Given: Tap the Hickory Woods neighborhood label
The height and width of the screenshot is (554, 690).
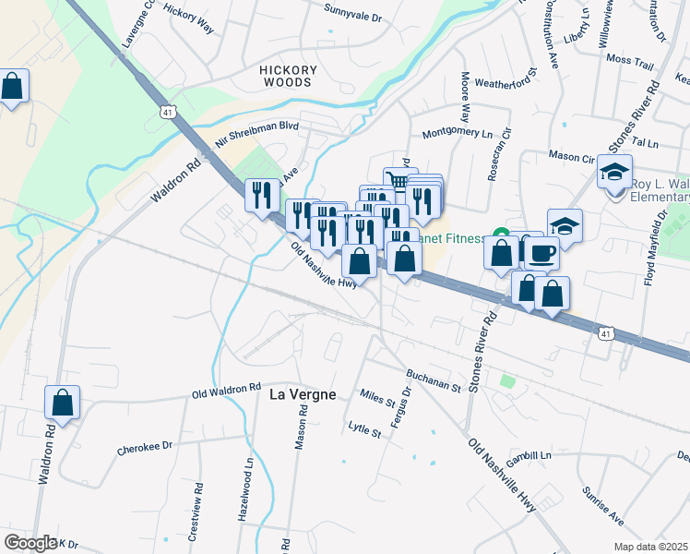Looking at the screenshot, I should tap(288, 76).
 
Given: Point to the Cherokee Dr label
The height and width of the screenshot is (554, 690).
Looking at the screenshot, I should tap(145, 447).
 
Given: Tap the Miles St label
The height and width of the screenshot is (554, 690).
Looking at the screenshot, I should tap(377, 398).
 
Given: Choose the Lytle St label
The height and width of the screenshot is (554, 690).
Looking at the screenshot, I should tap(364, 428).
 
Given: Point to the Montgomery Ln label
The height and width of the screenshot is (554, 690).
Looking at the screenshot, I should tap(458, 133).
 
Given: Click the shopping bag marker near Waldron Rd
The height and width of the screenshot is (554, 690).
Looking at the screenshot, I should tap(63, 403).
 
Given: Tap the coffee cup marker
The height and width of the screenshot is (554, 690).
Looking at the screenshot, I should tap(541, 251).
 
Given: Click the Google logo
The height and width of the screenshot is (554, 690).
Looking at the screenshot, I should tap(30, 543).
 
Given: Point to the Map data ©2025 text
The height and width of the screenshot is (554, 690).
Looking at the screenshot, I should tap(649, 547).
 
